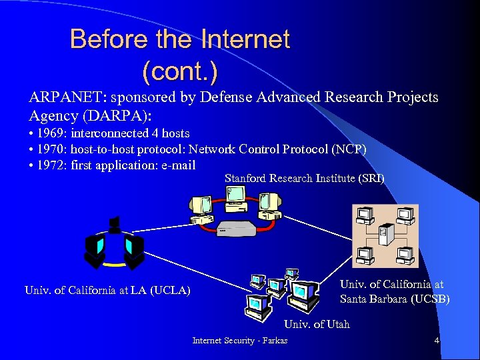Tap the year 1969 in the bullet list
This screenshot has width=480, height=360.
click(51, 134)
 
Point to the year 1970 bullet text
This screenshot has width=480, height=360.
click(51, 149)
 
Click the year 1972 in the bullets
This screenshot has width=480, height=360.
click(51, 165)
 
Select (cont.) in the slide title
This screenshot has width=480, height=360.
click(180, 69)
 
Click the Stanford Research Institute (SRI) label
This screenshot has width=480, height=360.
click(304, 179)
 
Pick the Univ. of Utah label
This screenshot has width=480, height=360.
click(317, 325)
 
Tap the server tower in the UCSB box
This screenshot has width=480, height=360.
click(383, 235)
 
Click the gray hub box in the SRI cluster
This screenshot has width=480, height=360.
click(236, 228)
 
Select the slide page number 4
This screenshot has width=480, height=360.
click(437, 341)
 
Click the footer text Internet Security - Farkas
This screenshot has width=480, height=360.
click(241, 341)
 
